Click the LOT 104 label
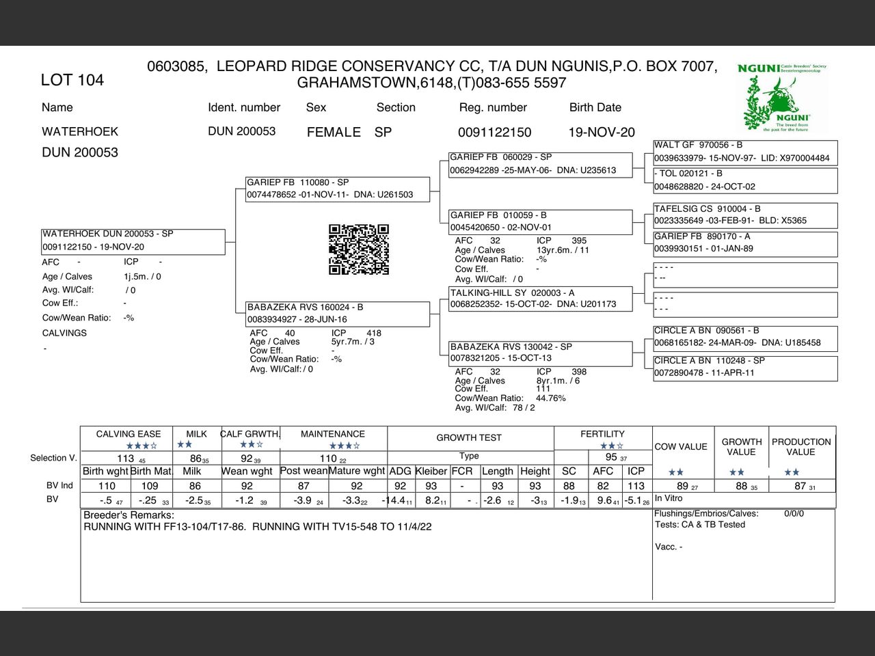(x=72, y=80)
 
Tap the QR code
(x=359, y=249)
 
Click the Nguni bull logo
(x=782, y=99)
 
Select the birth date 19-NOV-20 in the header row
(x=602, y=132)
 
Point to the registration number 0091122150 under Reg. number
(x=494, y=132)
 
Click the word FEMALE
(x=334, y=132)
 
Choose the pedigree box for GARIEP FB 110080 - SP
(x=338, y=189)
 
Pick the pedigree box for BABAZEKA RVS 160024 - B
(x=338, y=314)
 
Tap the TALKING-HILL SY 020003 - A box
(x=540, y=299)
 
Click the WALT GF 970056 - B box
(x=745, y=152)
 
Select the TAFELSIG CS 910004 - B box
(x=745, y=215)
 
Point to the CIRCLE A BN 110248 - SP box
(x=745, y=367)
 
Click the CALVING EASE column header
(x=129, y=434)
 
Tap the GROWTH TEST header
(x=469, y=437)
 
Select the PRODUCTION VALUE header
(x=801, y=447)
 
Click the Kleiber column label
(x=431, y=471)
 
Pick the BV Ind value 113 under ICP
(x=636, y=486)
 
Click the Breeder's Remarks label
(x=129, y=515)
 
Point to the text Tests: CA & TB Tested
(x=700, y=525)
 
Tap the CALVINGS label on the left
(x=64, y=333)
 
